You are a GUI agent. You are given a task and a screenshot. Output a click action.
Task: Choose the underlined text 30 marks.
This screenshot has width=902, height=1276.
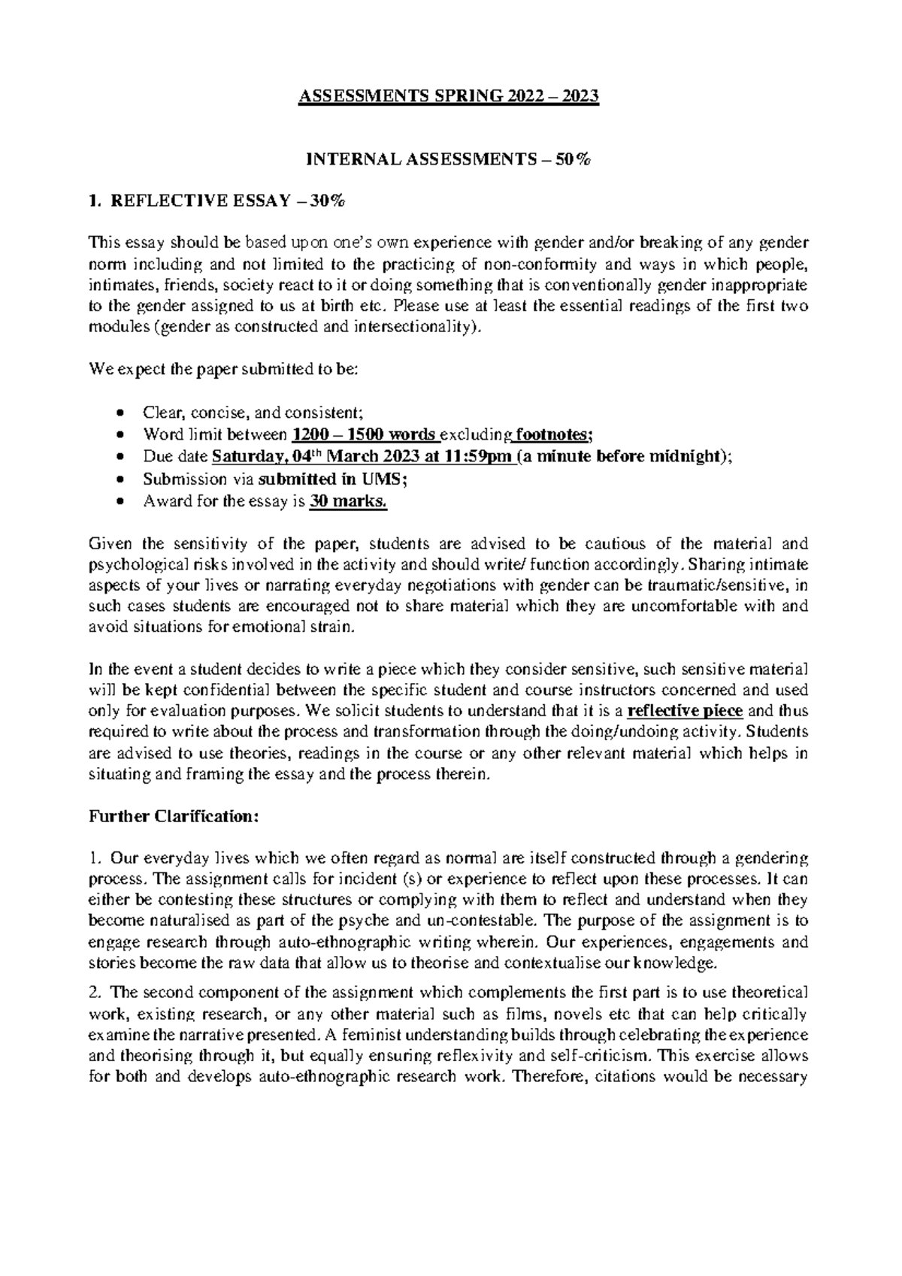[x=348, y=501]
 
